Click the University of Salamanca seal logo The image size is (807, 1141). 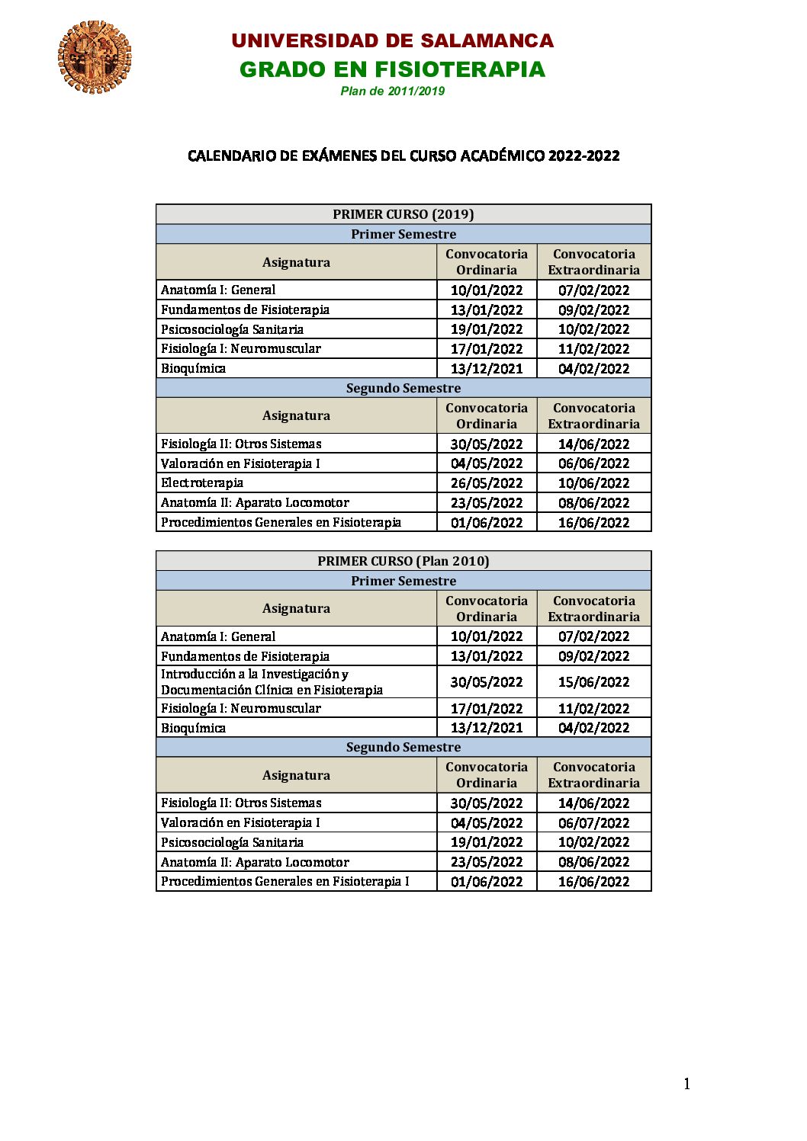pyautogui.click(x=94, y=57)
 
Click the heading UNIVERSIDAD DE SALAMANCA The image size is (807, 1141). pyautogui.click(x=392, y=41)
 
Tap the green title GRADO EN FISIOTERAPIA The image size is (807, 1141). pyautogui.click(x=392, y=69)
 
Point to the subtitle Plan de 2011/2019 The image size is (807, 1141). pyautogui.click(x=392, y=91)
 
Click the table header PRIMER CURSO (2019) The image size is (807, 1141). pyautogui.click(x=403, y=214)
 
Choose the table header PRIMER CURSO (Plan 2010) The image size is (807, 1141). pyautogui.click(x=403, y=561)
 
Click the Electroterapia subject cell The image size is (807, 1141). pyautogui.click(x=202, y=483)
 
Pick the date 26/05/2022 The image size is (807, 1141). pyautogui.click(x=487, y=483)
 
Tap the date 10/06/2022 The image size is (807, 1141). pyautogui.click(x=593, y=483)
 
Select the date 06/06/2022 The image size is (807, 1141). pyautogui.click(x=593, y=463)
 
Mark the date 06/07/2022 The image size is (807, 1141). pyautogui.click(x=593, y=823)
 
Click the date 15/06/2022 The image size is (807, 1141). pyautogui.click(x=593, y=682)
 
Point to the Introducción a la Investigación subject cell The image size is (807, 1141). pyautogui.click(x=272, y=682)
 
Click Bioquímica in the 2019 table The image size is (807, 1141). pyautogui.click(x=194, y=369)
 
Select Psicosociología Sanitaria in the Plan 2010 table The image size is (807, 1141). pyautogui.click(x=232, y=843)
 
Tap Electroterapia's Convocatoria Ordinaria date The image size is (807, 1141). pyautogui.click(x=487, y=483)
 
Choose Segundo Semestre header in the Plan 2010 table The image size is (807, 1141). pyautogui.click(x=403, y=748)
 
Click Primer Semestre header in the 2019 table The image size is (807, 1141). pyautogui.click(x=403, y=234)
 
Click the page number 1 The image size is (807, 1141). pyautogui.click(x=686, y=1084)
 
